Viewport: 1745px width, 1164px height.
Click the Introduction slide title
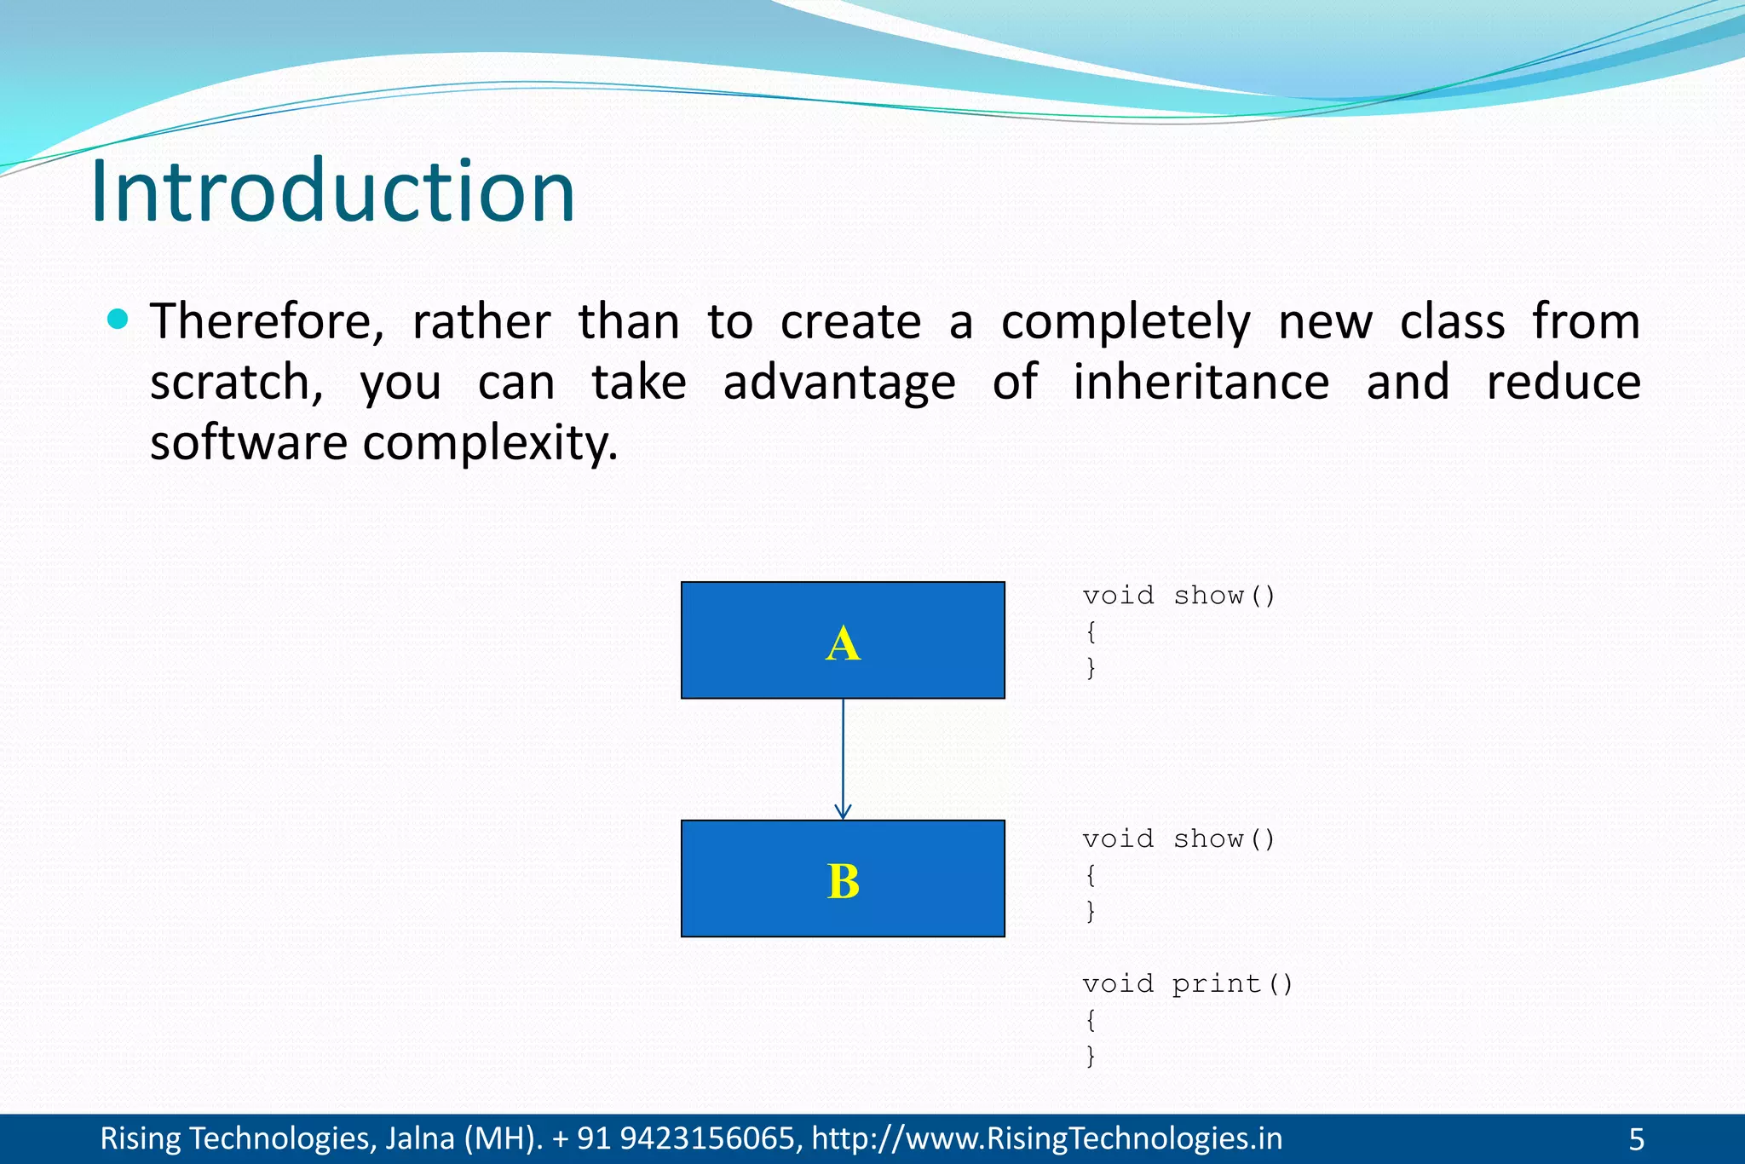(x=332, y=192)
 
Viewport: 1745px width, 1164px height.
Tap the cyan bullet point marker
(x=118, y=320)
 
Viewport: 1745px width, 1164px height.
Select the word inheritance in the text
(x=1200, y=383)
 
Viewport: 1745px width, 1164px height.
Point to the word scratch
(x=235, y=383)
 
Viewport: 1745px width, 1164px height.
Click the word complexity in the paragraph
(x=490, y=444)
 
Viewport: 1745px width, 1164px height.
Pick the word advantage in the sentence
(x=838, y=383)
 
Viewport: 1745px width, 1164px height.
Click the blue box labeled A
(x=843, y=641)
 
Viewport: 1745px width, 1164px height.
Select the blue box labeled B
(x=843, y=879)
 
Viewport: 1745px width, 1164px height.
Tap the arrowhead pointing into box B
(x=843, y=810)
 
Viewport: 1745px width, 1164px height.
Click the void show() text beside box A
(x=1178, y=596)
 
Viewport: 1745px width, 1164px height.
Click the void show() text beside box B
(x=1178, y=839)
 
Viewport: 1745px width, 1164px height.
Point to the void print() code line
(x=1187, y=984)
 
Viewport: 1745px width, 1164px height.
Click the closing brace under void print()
(x=1091, y=1056)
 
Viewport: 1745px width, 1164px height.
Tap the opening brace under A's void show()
(x=1091, y=631)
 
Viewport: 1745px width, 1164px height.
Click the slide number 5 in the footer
(x=1636, y=1139)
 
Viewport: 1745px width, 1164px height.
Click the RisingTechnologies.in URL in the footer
(x=1046, y=1139)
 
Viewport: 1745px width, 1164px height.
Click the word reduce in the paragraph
(x=1563, y=383)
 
